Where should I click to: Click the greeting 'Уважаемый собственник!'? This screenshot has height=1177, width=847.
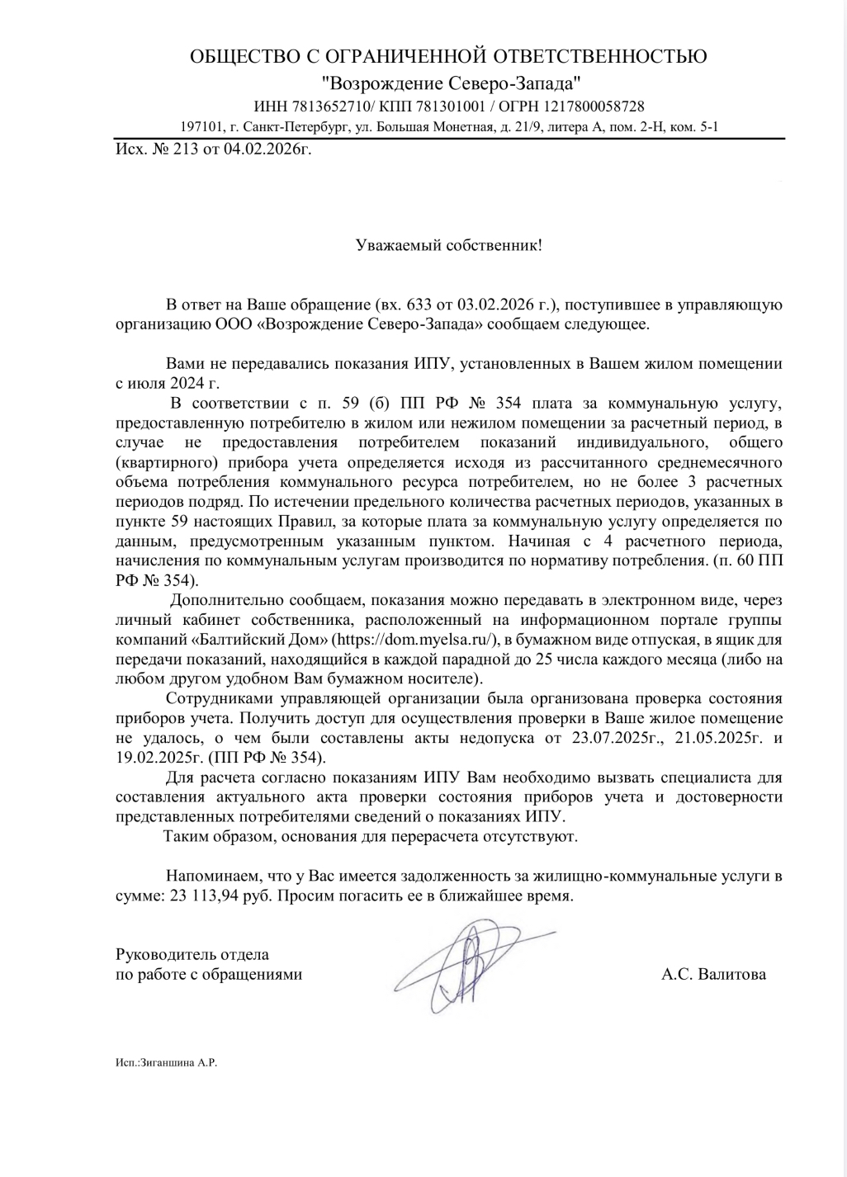pos(448,245)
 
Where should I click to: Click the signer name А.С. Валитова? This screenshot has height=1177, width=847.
pos(713,975)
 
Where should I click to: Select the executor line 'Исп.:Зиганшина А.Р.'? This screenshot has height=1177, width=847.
pos(167,1063)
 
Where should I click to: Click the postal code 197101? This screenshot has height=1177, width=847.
pos(201,128)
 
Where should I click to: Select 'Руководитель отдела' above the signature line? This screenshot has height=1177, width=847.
pos(192,955)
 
